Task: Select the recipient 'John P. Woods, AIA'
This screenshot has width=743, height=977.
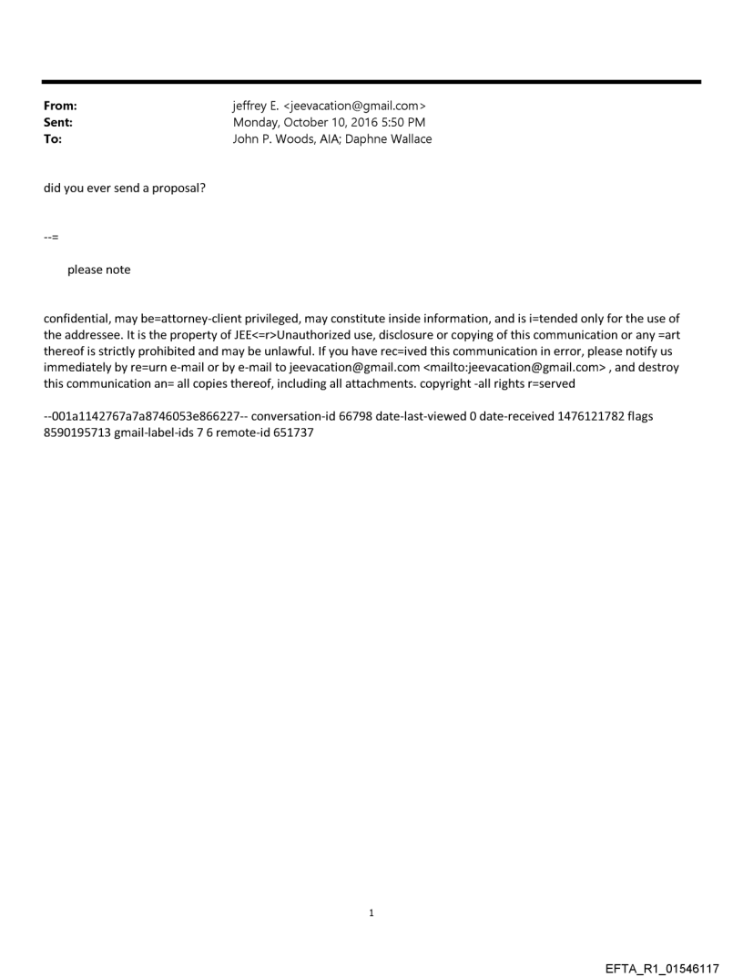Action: point(287,139)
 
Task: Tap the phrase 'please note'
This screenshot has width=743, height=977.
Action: point(98,270)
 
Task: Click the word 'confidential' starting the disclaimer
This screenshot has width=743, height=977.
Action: point(76,319)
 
